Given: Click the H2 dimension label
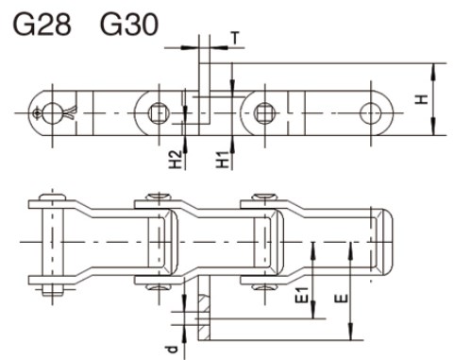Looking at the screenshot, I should click(x=176, y=162).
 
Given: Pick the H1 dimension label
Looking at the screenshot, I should click(x=221, y=162).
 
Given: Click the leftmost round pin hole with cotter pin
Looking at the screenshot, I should click(x=41, y=111).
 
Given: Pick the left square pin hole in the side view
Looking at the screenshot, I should click(x=160, y=111).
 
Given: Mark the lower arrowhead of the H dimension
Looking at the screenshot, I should click(x=432, y=131).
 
